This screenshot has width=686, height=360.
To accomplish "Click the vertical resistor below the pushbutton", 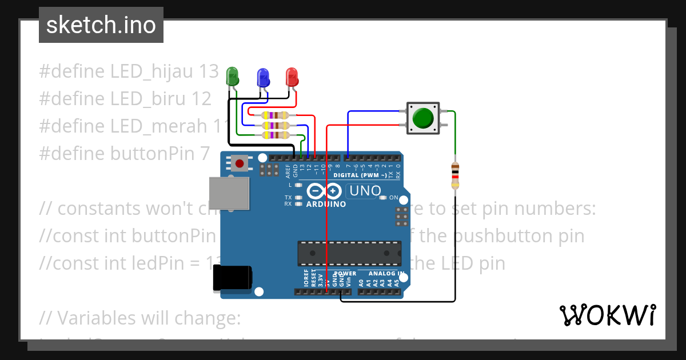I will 455,175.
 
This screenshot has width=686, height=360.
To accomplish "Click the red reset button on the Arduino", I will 240,164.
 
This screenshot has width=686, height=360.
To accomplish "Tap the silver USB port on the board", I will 229,193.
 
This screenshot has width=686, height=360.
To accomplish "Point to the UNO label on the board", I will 365,191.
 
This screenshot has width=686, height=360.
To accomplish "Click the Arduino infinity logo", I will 325,191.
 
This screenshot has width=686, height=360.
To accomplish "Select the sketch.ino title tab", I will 101,25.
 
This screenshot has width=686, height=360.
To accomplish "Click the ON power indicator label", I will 394,198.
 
